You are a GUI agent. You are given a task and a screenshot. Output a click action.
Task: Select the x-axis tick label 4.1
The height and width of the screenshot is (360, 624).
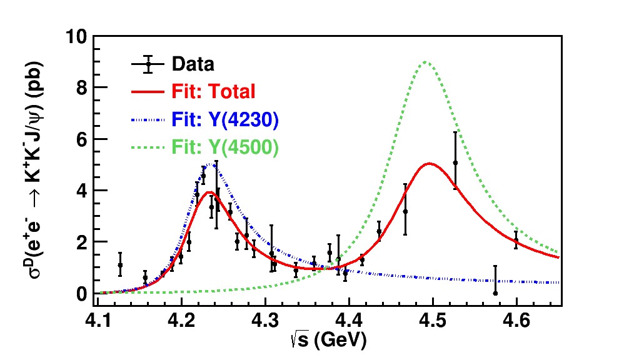(x=97, y=321)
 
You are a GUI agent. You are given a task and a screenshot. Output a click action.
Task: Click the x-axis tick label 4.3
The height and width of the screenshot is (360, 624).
(x=265, y=321)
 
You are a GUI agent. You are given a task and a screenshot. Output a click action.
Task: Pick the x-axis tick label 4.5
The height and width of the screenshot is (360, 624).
(x=433, y=321)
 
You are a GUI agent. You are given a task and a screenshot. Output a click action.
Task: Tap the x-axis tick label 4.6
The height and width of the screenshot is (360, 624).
(x=516, y=321)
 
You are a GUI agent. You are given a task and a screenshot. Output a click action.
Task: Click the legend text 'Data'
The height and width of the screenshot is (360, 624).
(x=193, y=64)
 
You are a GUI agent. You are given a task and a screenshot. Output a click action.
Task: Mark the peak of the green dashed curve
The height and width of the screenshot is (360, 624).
(x=426, y=61)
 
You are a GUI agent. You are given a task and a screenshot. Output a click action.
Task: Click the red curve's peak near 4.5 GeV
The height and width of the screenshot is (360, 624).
(x=430, y=164)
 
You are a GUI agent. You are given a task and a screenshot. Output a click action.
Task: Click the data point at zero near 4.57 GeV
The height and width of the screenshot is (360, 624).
(x=495, y=292)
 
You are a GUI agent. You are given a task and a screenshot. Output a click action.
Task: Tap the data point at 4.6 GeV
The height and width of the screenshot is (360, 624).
(x=516, y=240)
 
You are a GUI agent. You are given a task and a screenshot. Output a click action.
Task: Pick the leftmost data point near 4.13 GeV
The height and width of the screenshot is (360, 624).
(x=120, y=265)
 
